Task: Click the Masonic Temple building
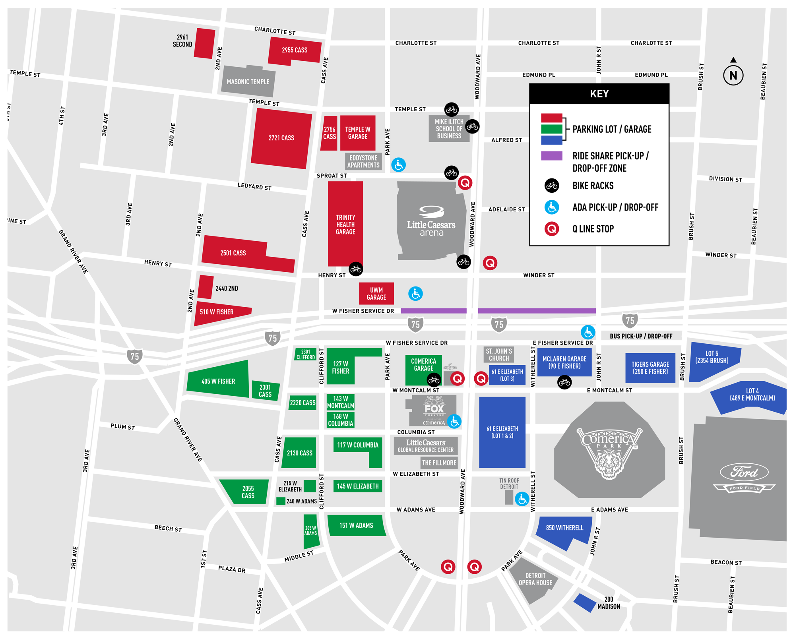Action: click(x=248, y=81)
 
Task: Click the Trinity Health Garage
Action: click(x=345, y=225)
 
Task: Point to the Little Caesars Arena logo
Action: click(x=431, y=221)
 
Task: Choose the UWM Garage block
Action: click(x=376, y=294)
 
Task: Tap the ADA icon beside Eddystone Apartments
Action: click(x=398, y=165)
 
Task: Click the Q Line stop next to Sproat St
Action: click(x=465, y=183)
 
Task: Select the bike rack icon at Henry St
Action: click(x=356, y=269)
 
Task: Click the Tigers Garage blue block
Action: click(x=650, y=368)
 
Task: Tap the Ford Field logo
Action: click(x=744, y=477)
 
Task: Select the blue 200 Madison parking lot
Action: click(x=584, y=602)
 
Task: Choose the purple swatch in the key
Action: click(x=551, y=156)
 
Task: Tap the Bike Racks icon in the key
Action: click(x=551, y=186)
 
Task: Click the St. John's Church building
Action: click(x=498, y=354)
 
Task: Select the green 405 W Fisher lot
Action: click(x=218, y=380)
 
